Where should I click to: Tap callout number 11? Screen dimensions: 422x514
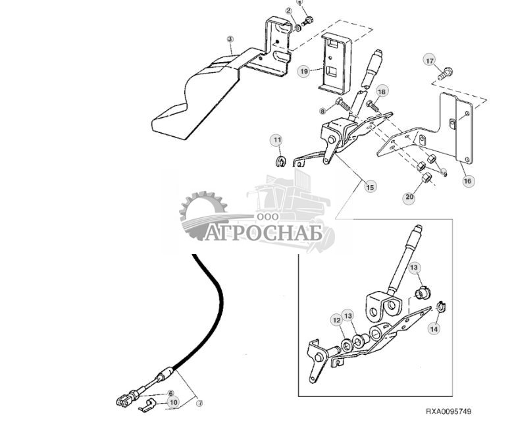(277, 140)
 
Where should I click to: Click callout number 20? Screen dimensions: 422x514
(409, 196)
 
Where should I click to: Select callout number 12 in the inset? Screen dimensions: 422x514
(336, 321)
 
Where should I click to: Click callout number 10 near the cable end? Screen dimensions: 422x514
(173, 401)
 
